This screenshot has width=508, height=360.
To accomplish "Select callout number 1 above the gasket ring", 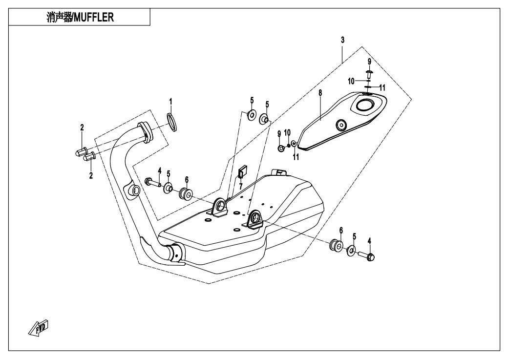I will pyautogui.click(x=170, y=102).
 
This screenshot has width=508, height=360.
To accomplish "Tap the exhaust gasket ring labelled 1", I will pyautogui.click(x=172, y=120).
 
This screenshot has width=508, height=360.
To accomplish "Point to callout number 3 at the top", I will pyautogui.click(x=342, y=40).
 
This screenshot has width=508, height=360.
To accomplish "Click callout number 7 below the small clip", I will pyautogui.click(x=240, y=186).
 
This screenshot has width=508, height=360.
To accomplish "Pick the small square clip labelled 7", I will pyautogui.click(x=242, y=171).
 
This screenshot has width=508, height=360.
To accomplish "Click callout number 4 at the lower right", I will pyautogui.click(x=369, y=240).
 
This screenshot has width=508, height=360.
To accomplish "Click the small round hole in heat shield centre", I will pyautogui.click(x=341, y=125).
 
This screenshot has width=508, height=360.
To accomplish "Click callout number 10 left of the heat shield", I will pyautogui.click(x=288, y=132).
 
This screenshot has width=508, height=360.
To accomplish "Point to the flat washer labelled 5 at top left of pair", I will pyautogui.click(x=252, y=115).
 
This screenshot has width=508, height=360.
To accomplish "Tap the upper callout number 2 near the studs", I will pyautogui.click(x=82, y=128).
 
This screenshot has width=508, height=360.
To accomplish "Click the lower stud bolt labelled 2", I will pyautogui.click(x=89, y=157).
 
